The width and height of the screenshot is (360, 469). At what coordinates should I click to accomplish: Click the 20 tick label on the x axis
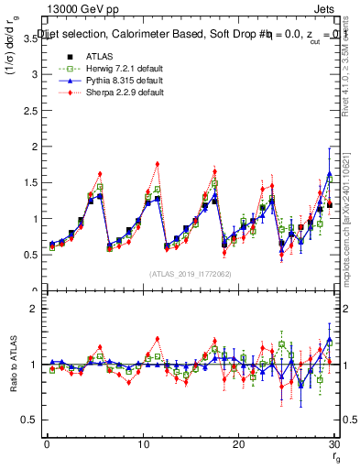(238, 444)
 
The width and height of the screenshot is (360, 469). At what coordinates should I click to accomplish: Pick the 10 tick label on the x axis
(142, 444)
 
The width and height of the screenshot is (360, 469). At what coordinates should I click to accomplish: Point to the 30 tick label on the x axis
(333, 444)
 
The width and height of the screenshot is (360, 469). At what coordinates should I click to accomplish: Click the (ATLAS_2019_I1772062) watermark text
(190, 273)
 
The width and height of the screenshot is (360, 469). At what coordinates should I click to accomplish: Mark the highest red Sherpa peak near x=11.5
(158, 164)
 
